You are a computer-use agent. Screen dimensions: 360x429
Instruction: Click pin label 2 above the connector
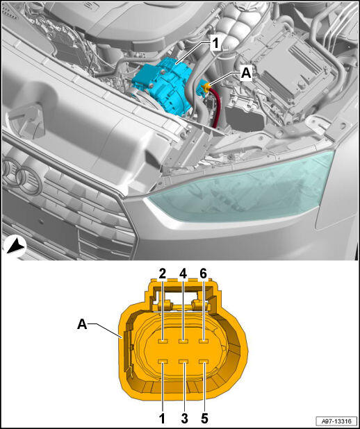(x=163, y=275)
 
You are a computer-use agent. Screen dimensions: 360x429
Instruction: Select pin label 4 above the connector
(x=183, y=275)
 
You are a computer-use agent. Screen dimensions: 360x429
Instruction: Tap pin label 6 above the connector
(x=204, y=275)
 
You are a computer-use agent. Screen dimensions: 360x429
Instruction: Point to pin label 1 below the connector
(x=163, y=419)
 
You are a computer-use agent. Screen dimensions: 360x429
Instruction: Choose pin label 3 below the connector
(x=184, y=419)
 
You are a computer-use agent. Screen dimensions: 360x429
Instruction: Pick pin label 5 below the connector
(x=204, y=419)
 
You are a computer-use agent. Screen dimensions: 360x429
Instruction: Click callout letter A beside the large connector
(x=82, y=324)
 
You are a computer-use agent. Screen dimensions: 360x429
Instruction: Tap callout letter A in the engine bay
(x=246, y=74)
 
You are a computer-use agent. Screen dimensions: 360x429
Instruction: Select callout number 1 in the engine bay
(x=215, y=44)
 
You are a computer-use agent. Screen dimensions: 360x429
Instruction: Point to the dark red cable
(x=215, y=109)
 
